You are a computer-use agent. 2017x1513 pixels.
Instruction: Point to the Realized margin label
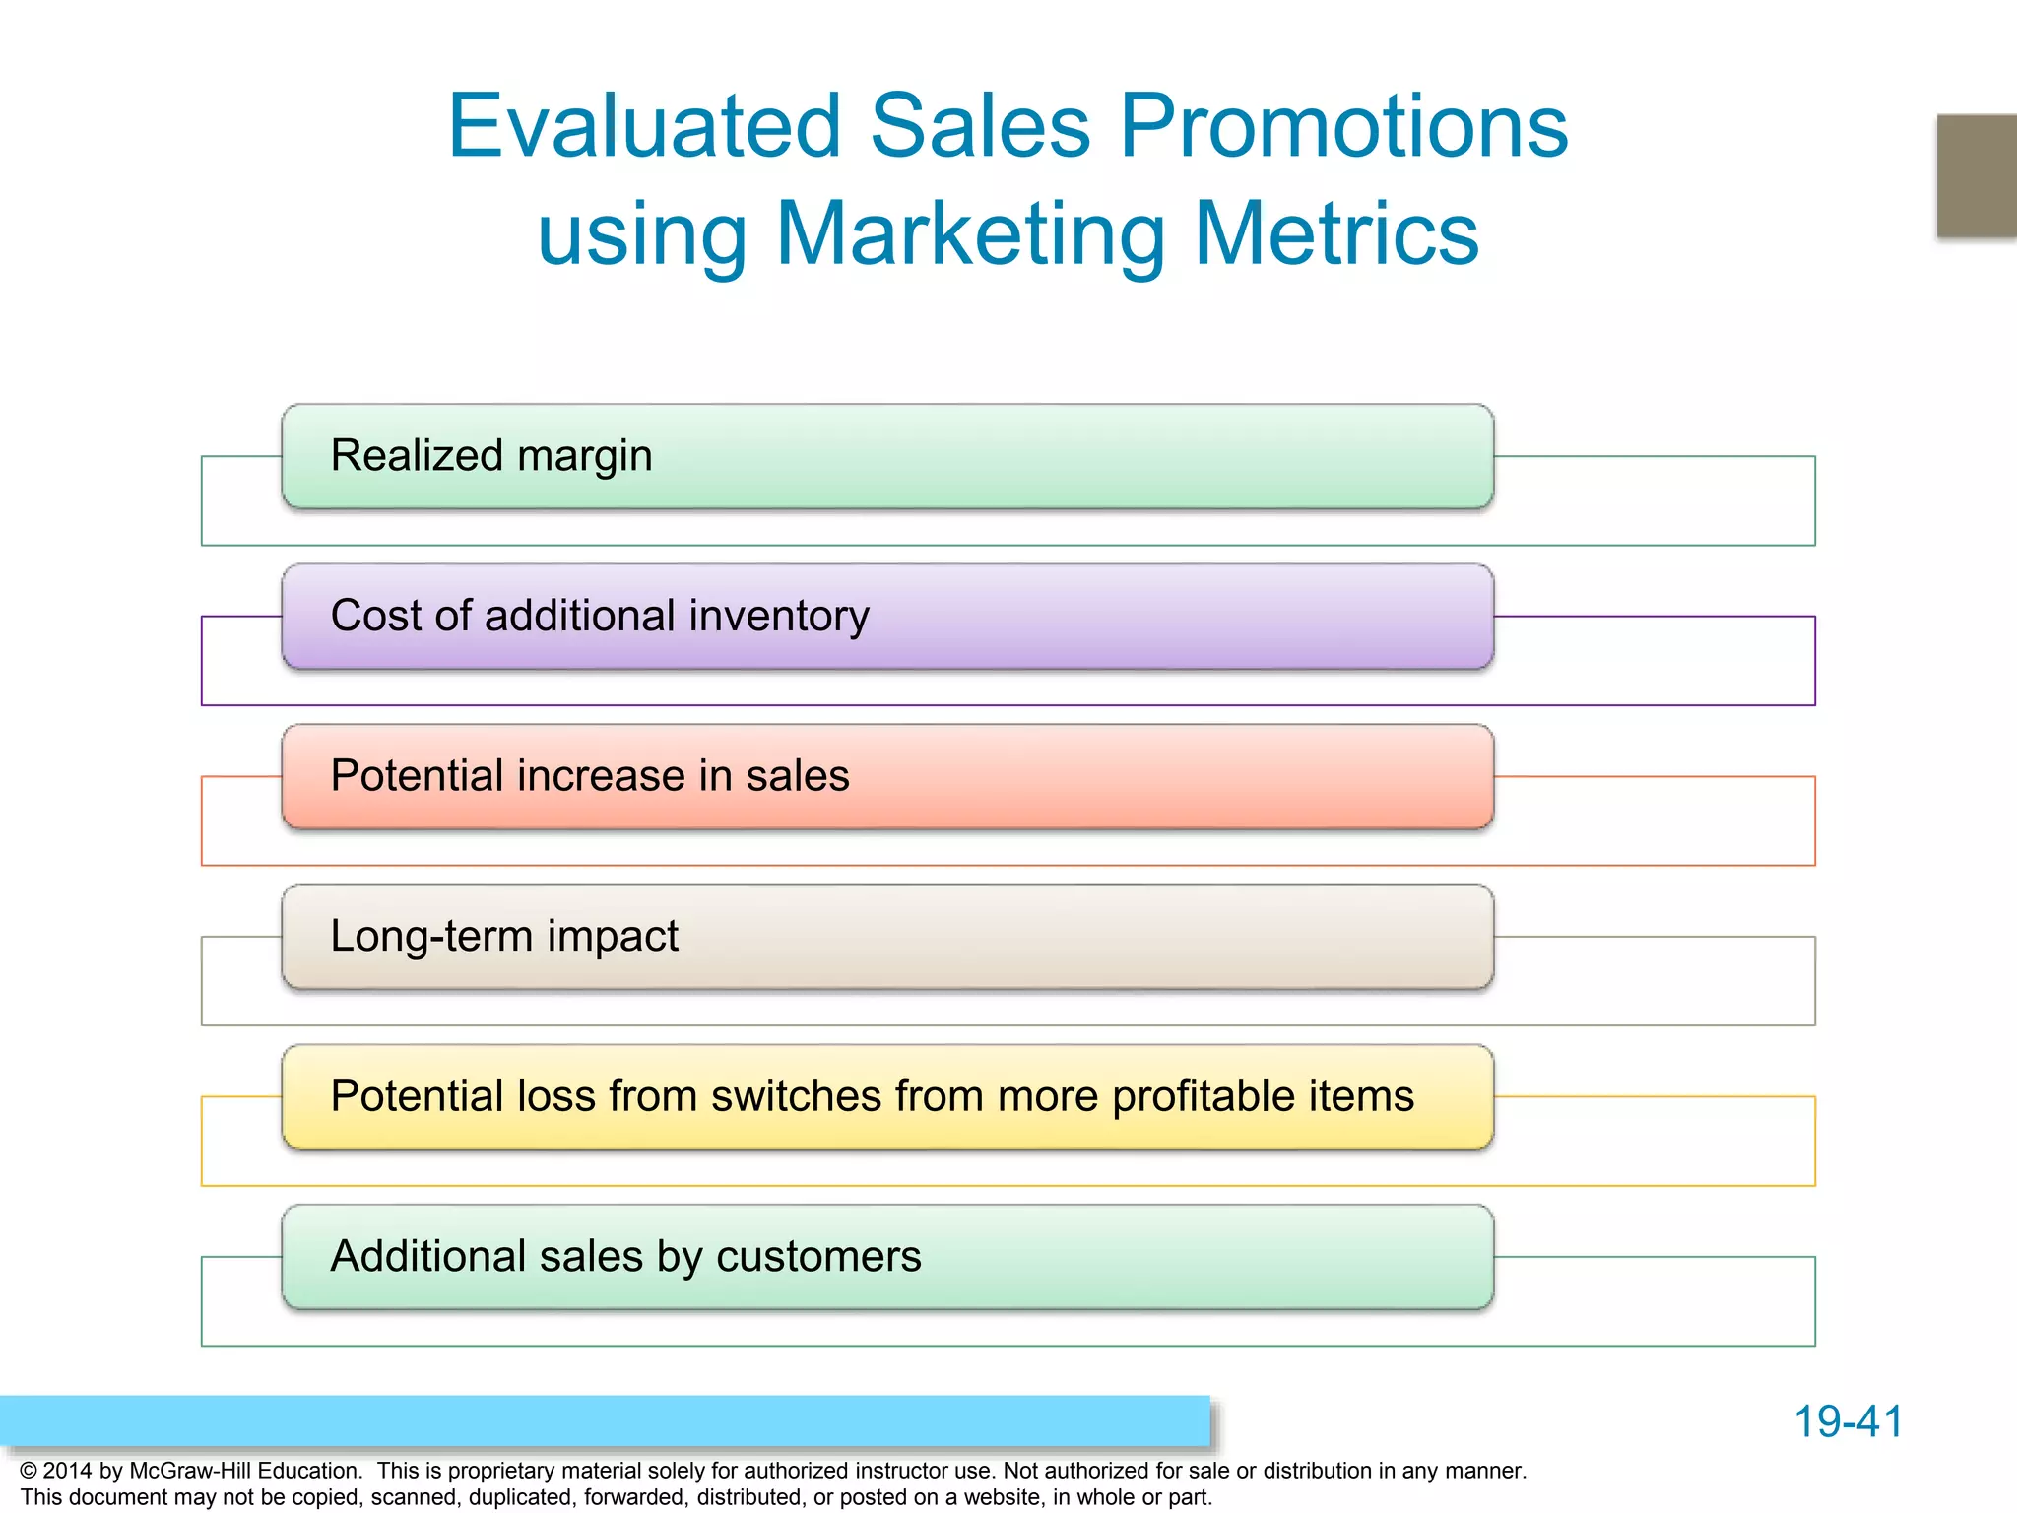click(x=491, y=456)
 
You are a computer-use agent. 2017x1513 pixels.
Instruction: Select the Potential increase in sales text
click(x=590, y=776)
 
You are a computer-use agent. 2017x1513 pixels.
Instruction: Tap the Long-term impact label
click(x=504, y=936)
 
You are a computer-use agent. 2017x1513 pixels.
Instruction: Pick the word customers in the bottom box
click(x=818, y=1257)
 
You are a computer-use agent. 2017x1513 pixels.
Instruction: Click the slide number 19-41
click(x=1848, y=1421)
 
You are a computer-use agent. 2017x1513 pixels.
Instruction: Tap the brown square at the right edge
click(x=1977, y=175)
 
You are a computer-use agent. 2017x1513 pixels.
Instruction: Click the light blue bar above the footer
click(x=605, y=1420)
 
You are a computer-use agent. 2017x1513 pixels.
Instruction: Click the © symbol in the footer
click(x=29, y=1471)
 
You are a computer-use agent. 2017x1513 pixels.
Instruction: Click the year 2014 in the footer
click(x=68, y=1471)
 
